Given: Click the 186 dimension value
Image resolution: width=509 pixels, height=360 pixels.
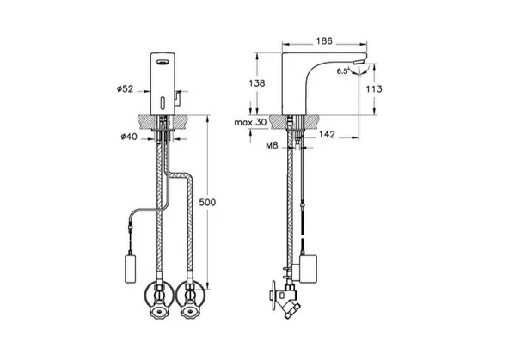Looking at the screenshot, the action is (x=324, y=41).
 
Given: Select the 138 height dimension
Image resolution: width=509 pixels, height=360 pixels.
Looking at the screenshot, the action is (x=257, y=83).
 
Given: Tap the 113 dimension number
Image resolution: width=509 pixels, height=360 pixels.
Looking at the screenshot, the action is (x=374, y=88).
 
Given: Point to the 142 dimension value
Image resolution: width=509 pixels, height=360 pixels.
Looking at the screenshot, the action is (x=327, y=134).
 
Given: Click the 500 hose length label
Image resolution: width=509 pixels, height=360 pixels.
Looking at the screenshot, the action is (x=207, y=203).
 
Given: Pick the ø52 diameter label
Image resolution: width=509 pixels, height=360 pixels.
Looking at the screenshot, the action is (x=126, y=88).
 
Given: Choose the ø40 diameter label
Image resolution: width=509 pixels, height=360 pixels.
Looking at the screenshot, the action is (x=129, y=137).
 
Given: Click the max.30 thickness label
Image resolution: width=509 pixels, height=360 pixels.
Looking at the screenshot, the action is (x=250, y=122).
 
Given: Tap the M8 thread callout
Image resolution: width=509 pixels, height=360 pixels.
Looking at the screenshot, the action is (x=272, y=145).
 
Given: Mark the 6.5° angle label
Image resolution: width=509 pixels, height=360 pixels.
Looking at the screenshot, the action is (x=343, y=71).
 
